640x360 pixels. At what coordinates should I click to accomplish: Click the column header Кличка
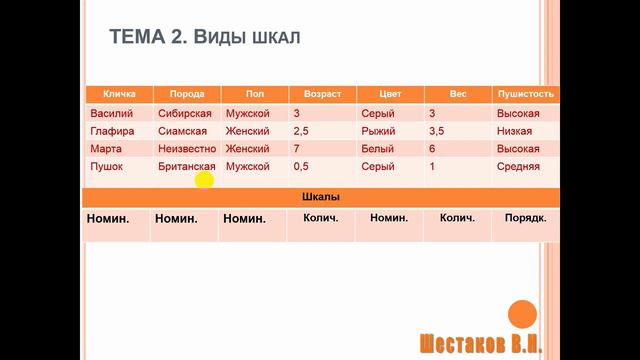[x=119, y=94]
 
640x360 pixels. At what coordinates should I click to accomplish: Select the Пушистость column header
[x=525, y=94]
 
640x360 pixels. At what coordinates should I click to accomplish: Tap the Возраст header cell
[x=322, y=94]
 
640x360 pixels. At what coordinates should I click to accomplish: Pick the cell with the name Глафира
[x=112, y=131]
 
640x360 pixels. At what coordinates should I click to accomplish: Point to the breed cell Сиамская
[x=183, y=131]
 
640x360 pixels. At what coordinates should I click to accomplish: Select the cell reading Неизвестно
[x=187, y=149]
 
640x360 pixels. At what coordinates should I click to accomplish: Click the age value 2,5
[x=302, y=131]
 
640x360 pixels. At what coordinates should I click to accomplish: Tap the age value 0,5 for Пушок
[x=302, y=167]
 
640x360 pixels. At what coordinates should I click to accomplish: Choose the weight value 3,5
[x=436, y=131]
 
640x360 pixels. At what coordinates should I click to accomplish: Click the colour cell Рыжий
[x=377, y=131]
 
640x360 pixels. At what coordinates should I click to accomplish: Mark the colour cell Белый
[x=377, y=149]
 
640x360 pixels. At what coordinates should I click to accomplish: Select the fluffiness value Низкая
[x=516, y=131]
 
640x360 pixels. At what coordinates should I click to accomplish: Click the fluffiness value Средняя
[x=518, y=167]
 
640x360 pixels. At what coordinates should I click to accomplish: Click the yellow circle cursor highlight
[x=204, y=180]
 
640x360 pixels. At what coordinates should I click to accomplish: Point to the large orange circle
[x=522, y=314]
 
